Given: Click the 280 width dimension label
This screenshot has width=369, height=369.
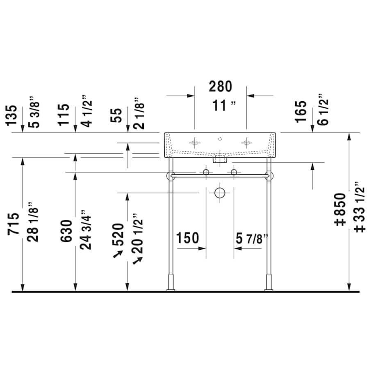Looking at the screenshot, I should (x=220, y=87).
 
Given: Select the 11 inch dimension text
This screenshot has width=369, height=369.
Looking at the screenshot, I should (x=224, y=106).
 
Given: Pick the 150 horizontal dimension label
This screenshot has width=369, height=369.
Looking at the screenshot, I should (x=187, y=238).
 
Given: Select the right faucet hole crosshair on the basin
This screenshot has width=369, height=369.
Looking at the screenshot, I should (x=246, y=143).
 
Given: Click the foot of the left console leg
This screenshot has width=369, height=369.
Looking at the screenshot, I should (x=171, y=289).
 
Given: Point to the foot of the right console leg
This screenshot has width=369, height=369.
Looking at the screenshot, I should (x=269, y=289).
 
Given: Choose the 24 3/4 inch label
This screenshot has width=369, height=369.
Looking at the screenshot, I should (x=86, y=230).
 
